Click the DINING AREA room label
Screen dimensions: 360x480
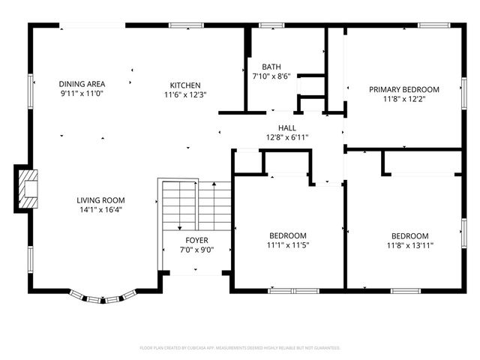click(82, 83)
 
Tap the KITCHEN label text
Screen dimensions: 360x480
click(184, 85)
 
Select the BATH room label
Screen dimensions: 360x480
click(271, 66)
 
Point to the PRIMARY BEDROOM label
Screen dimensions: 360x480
click(403, 89)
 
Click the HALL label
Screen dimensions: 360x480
click(287, 127)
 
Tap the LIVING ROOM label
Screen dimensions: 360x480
click(100, 200)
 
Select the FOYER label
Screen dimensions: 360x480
click(196, 240)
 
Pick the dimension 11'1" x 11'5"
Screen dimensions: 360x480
click(287, 245)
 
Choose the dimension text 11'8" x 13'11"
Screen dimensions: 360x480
click(409, 245)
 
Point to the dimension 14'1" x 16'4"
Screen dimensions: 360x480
click(100, 210)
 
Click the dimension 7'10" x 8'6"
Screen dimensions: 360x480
click(271, 76)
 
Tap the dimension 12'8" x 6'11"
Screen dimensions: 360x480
click(287, 137)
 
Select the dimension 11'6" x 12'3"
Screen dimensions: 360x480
click(184, 94)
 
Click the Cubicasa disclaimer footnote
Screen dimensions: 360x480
click(240, 348)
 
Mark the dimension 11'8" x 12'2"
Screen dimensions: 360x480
click(403, 99)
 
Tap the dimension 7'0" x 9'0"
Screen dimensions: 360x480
click(196, 250)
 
